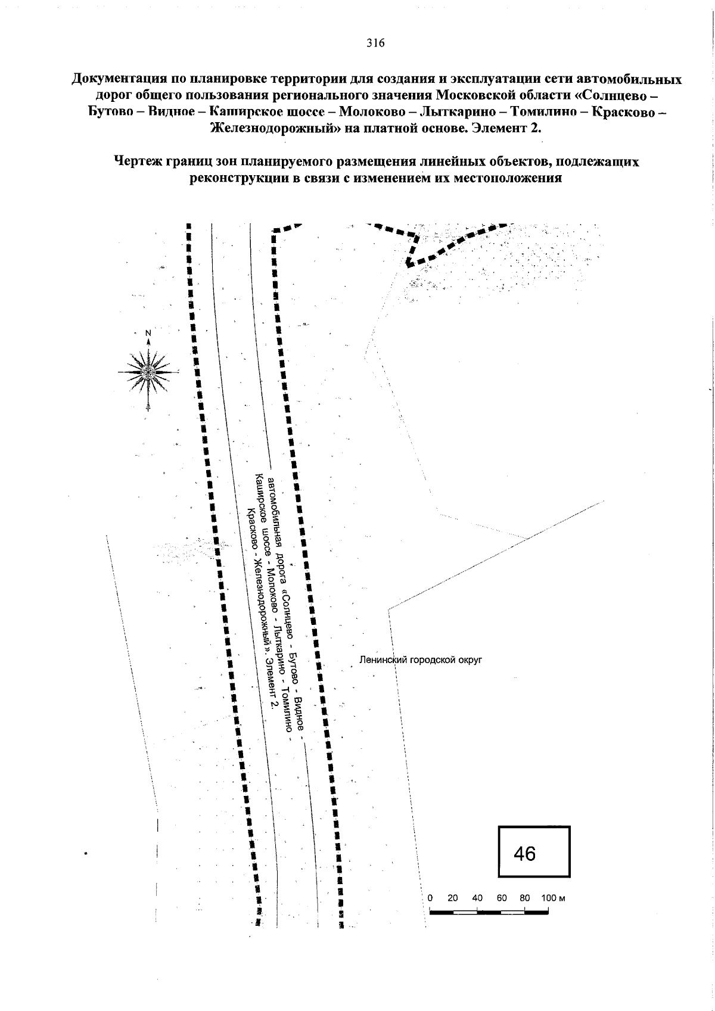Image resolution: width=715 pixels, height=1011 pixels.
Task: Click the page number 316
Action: coord(375,43)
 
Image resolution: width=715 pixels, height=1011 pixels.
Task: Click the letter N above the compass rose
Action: coord(148,334)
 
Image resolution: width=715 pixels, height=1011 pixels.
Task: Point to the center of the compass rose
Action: coord(148,372)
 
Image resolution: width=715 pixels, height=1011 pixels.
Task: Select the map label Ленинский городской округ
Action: coord(420,660)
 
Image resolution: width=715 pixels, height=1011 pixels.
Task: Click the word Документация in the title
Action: coord(117,80)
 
